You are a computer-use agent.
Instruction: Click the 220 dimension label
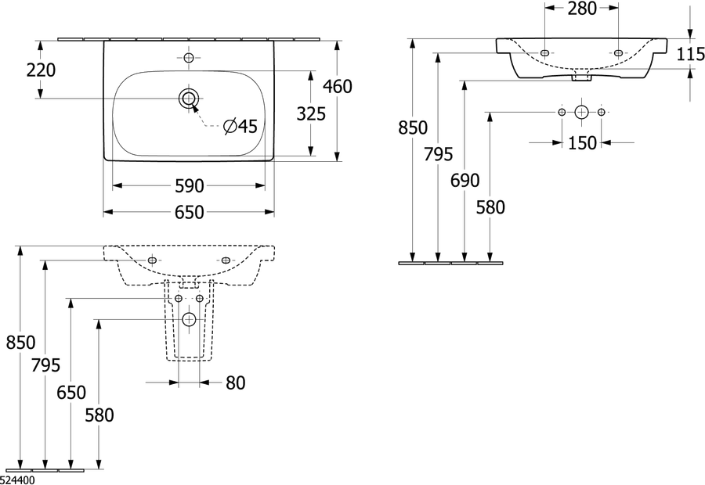(41, 70)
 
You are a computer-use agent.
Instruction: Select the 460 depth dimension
(338, 86)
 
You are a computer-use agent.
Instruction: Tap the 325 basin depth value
(311, 114)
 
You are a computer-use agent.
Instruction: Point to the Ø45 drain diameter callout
(240, 127)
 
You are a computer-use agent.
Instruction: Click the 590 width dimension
(190, 186)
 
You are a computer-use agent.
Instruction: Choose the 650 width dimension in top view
(190, 212)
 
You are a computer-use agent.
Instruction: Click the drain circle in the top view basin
(188, 98)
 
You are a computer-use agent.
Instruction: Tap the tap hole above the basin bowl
(188, 57)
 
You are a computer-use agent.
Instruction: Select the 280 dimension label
(582, 9)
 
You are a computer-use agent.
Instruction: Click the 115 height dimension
(691, 54)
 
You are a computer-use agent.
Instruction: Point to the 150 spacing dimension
(582, 143)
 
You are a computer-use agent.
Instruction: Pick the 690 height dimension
(465, 181)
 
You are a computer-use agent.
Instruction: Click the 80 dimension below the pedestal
(235, 383)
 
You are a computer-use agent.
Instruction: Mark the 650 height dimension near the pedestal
(71, 393)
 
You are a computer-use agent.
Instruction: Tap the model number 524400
(17, 480)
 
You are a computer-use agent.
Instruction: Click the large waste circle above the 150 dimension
(581, 112)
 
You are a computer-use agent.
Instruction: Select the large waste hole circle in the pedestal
(190, 320)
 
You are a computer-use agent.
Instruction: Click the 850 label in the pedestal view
(20, 343)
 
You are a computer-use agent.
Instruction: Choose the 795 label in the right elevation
(439, 154)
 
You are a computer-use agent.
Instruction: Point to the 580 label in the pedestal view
(99, 415)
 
